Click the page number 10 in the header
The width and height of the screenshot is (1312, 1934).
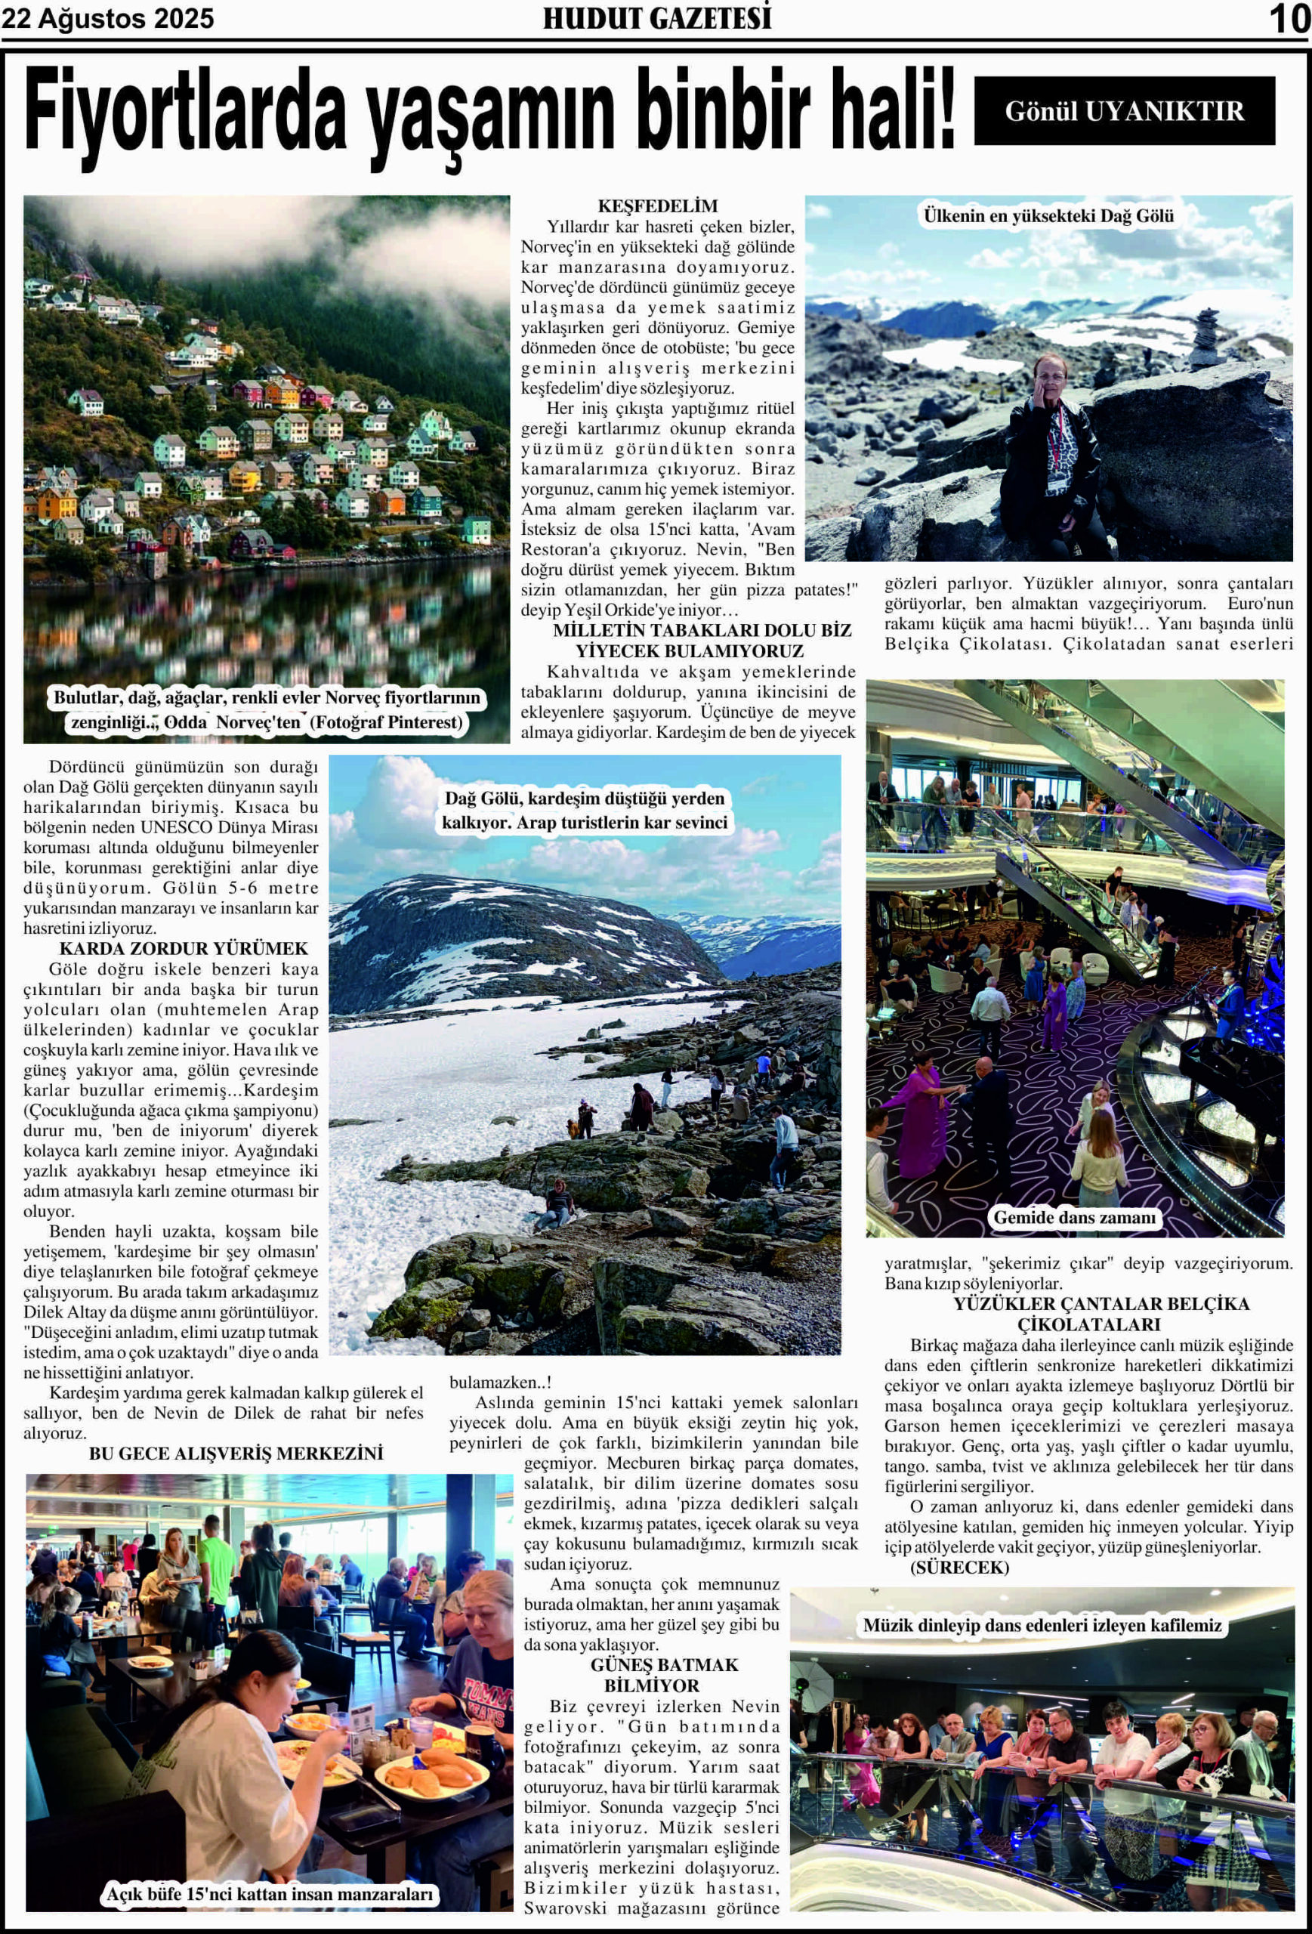click(1289, 19)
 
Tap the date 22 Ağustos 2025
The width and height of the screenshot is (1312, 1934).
click(107, 19)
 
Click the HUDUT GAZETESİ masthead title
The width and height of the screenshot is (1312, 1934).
click(656, 19)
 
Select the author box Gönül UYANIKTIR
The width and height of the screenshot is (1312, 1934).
click(1124, 112)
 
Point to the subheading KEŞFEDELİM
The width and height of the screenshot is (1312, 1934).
click(657, 206)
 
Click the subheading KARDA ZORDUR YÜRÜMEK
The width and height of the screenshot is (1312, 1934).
click(183, 949)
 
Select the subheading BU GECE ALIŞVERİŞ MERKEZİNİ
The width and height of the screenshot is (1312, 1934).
click(236, 1454)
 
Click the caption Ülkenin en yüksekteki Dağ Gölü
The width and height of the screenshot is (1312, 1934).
click(1048, 216)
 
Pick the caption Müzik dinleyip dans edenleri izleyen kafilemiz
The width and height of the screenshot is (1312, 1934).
click(1042, 1624)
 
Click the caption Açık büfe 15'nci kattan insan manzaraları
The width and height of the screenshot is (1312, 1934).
click(270, 1895)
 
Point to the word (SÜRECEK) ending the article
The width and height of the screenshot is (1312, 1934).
click(959, 1568)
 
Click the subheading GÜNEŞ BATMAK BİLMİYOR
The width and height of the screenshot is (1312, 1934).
click(664, 1675)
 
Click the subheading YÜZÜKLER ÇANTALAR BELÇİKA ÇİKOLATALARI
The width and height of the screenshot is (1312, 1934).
click(1101, 1314)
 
